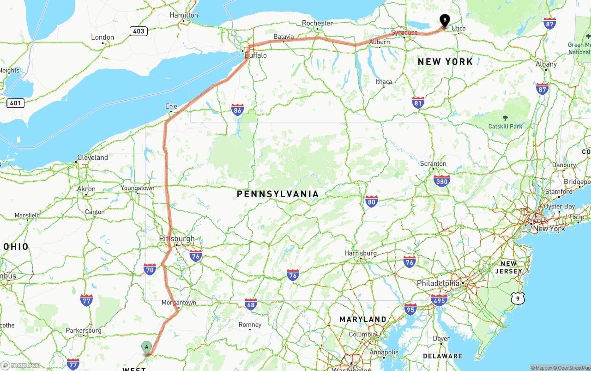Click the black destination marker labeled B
444,20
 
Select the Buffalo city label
255,55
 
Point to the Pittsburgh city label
177,238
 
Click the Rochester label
317,23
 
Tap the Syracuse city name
404,32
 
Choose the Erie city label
171,106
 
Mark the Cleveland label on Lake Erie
92,158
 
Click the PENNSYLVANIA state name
277,194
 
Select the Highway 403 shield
139,31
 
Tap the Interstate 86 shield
238,109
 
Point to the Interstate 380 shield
442,181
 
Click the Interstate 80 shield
371,201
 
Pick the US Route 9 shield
518,299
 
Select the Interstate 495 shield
439,300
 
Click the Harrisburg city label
361,253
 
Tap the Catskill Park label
505,126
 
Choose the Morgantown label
179,303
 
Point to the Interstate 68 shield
251,304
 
